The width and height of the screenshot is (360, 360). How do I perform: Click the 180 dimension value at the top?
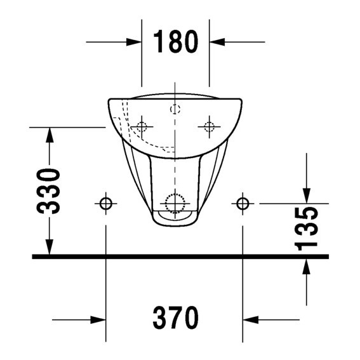pos(175,42)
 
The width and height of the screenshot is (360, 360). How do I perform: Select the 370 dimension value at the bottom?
pos(175,318)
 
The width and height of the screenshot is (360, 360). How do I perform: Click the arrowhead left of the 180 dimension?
pos(134,42)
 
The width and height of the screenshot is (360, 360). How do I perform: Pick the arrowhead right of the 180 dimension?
pos(217,42)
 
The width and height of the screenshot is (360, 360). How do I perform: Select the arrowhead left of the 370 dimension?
pos(98,319)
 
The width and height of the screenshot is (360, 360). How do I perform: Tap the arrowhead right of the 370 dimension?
pos(250,319)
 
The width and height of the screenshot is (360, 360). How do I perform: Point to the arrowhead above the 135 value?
pos(307,196)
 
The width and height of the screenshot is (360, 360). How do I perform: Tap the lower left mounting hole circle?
pos(105,203)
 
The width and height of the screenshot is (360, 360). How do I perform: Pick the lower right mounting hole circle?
pos(243,203)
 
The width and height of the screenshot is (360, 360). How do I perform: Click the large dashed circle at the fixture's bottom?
pos(175,203)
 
